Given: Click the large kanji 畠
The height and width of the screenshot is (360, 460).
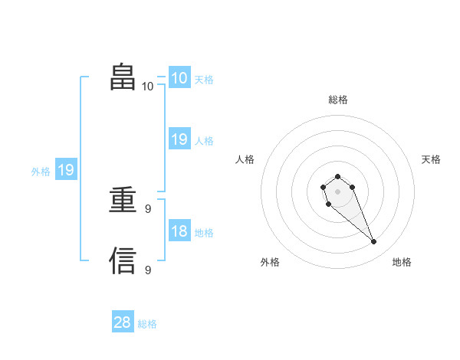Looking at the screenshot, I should [x=123, y=77].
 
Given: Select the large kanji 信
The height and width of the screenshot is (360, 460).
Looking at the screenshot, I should [x=123, y=260].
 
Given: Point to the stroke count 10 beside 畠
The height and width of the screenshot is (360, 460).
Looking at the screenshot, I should [x=148, y=87].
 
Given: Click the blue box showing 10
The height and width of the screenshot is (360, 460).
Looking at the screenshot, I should [x=179, y=77].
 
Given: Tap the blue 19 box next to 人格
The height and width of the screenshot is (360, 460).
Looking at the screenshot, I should [x=179, y=139].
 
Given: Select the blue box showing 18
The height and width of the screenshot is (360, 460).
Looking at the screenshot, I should [x=179, y=231].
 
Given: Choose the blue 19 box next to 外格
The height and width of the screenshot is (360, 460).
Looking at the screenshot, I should [x=65, y=170].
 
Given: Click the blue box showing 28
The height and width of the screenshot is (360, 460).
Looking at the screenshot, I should [x=123, y=322].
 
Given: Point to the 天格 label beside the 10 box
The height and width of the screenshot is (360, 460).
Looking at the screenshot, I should [x=204, y=79].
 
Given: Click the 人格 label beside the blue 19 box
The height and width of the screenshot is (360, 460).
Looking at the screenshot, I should [x=204, y=141].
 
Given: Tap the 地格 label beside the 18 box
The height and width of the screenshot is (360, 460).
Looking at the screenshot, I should [x=204, y=233].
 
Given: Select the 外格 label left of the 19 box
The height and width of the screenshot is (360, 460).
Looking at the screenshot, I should [x=41, y=172].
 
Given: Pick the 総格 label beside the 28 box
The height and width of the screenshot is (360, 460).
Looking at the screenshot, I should [x=147, y=324].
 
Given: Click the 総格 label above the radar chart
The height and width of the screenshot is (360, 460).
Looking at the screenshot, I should [x=337, y=100].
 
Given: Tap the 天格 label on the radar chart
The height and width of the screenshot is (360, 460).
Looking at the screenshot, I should [x=432, y=159].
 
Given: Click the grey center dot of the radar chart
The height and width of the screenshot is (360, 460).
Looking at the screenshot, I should [x=337, y=191].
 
